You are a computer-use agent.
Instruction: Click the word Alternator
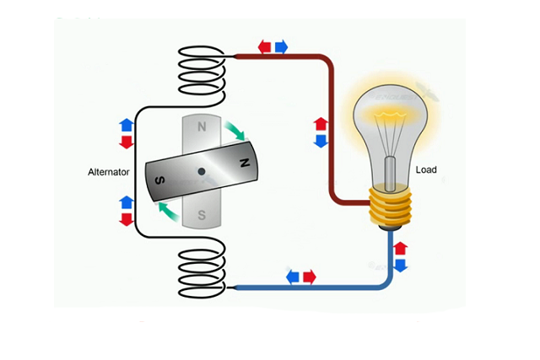[107, 172]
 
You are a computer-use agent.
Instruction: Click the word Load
[427, 169]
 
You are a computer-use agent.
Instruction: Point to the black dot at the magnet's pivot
[202, 172]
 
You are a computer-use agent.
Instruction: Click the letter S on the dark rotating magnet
[159, 180]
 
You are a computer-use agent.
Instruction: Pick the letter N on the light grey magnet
[202, 127]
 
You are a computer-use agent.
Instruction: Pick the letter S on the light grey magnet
[202, 216]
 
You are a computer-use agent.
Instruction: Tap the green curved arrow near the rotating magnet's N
[235, 132]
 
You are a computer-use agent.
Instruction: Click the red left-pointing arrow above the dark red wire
[265, 46]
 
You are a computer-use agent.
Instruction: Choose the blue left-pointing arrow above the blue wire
[293, 277]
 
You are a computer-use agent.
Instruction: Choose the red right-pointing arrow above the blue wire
[310, 277]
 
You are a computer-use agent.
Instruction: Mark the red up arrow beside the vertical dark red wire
[321, 125]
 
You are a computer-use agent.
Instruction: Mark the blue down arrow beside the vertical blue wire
[401, 265]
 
